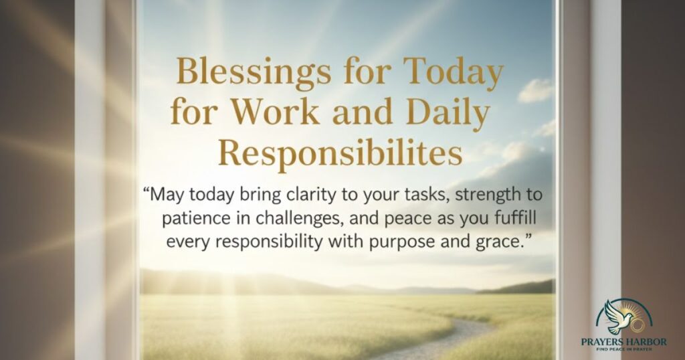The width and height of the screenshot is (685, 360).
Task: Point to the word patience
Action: pyautogui.click(x=191, y=218)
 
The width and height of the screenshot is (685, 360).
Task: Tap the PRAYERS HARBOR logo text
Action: pyautogui.click(x=623, y=342)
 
